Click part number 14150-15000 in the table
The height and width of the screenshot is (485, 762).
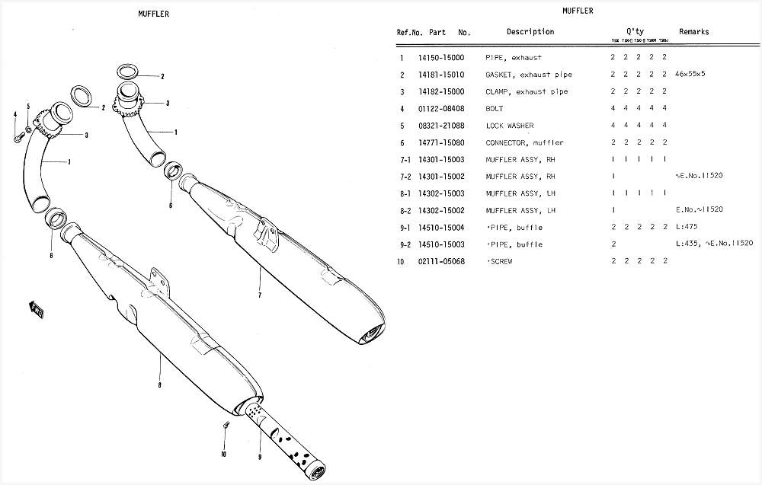click(441, 58)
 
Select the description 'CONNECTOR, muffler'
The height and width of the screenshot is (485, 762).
click(524, 142)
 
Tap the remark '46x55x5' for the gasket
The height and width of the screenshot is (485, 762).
click(690, 75)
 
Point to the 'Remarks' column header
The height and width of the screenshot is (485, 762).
click(693, 32)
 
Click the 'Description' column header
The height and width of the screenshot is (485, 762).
click(530, 32)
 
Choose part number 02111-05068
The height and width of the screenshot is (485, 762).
click(441, 261)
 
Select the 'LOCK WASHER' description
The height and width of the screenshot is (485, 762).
click(510, 126)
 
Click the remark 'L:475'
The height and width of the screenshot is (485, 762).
click(687, 228)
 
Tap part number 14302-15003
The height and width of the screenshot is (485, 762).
click(441, 193)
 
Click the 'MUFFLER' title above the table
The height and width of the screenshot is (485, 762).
click(578, 11)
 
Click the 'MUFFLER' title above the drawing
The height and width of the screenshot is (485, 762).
click(154, 14)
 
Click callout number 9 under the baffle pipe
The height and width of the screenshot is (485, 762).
click(259, 458)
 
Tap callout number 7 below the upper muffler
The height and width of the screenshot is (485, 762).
click(260, 295)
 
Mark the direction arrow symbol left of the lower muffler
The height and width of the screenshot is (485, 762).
click(37, 308)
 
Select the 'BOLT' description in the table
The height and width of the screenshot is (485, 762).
click(495, 109)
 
